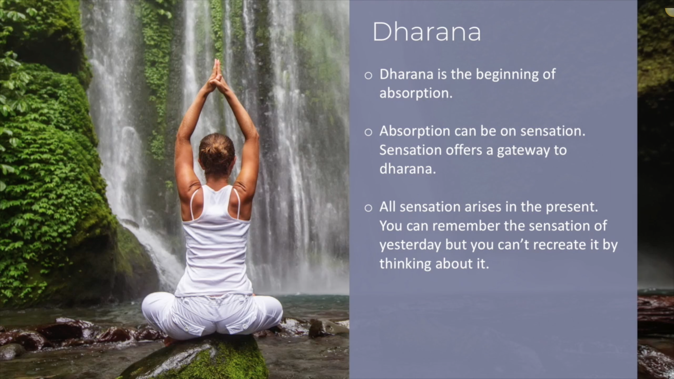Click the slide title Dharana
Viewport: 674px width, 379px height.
pyautogui.click(x=427, y=32)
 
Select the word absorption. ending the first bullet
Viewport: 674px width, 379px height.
pyautogui.click(x=416, y=93)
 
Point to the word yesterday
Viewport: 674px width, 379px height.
pyautogui.click(x=410, y=245)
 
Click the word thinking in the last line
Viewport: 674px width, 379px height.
pyautogui.click(x=405, y=264)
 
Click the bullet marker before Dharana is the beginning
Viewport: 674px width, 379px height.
pyautogui.click(x=368, y=75)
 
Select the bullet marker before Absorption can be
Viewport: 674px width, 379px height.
pyautogui.click(x=368, y=132)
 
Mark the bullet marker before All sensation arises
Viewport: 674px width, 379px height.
pyautogui.click(x=368, y=208)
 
